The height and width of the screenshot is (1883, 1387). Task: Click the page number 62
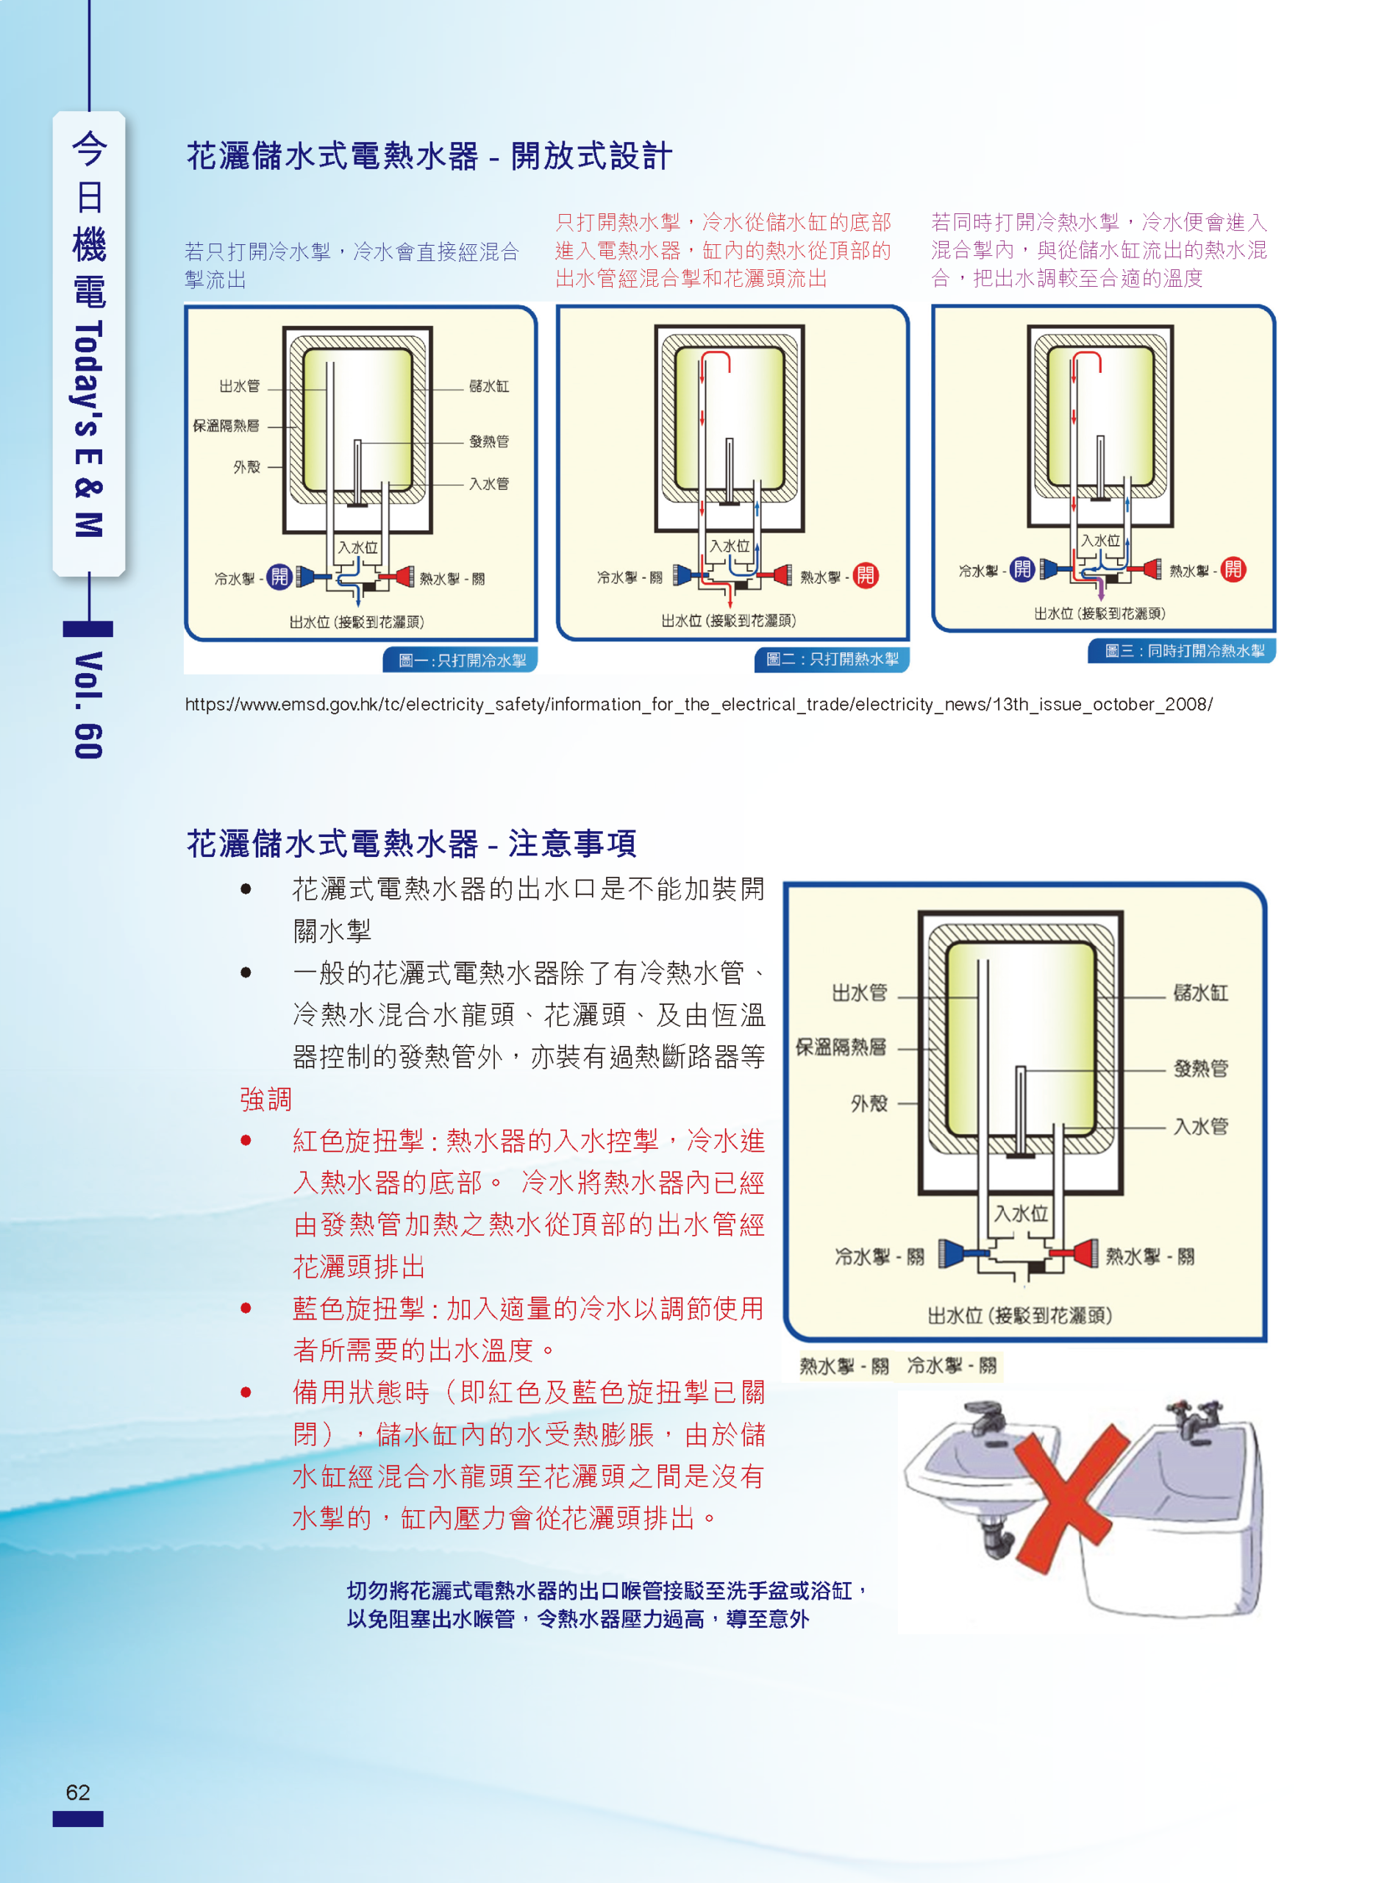77,1792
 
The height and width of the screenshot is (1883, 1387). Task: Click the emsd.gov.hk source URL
699,705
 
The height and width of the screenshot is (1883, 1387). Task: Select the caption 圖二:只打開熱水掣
832,659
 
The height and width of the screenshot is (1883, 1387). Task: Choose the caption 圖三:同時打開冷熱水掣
1184,651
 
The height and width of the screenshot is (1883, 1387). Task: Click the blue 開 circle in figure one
279,577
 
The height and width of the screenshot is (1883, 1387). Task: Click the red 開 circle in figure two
866,575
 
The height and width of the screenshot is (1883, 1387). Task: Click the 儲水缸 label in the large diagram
1201,993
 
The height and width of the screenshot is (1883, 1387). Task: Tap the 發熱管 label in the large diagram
1201,1068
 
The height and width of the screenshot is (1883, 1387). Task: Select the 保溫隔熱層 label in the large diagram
841,1047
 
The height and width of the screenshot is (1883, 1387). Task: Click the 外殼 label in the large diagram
869,1103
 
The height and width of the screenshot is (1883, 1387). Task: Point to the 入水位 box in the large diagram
1021,1213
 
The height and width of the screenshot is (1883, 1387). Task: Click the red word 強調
265,1099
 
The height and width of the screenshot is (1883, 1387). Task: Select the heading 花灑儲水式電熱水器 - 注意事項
411,844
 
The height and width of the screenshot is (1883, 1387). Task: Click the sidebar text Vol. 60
88,705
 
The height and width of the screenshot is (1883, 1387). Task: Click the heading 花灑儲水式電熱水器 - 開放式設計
429,156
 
